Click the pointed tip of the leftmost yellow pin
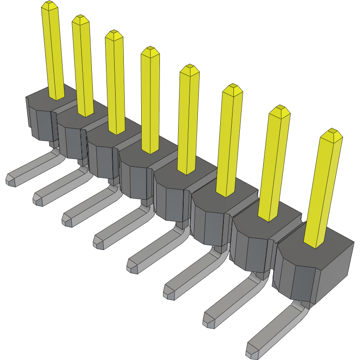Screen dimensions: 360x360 point(49,5)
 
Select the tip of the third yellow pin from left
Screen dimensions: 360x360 point(114,34)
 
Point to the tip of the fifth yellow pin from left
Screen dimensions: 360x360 point(190,69)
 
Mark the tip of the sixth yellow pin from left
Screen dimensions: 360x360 point(233,89)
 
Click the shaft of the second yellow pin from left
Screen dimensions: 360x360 point(83,69)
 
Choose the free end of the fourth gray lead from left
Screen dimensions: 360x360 point(99,242)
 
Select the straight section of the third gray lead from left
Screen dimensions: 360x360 point(89,204)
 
